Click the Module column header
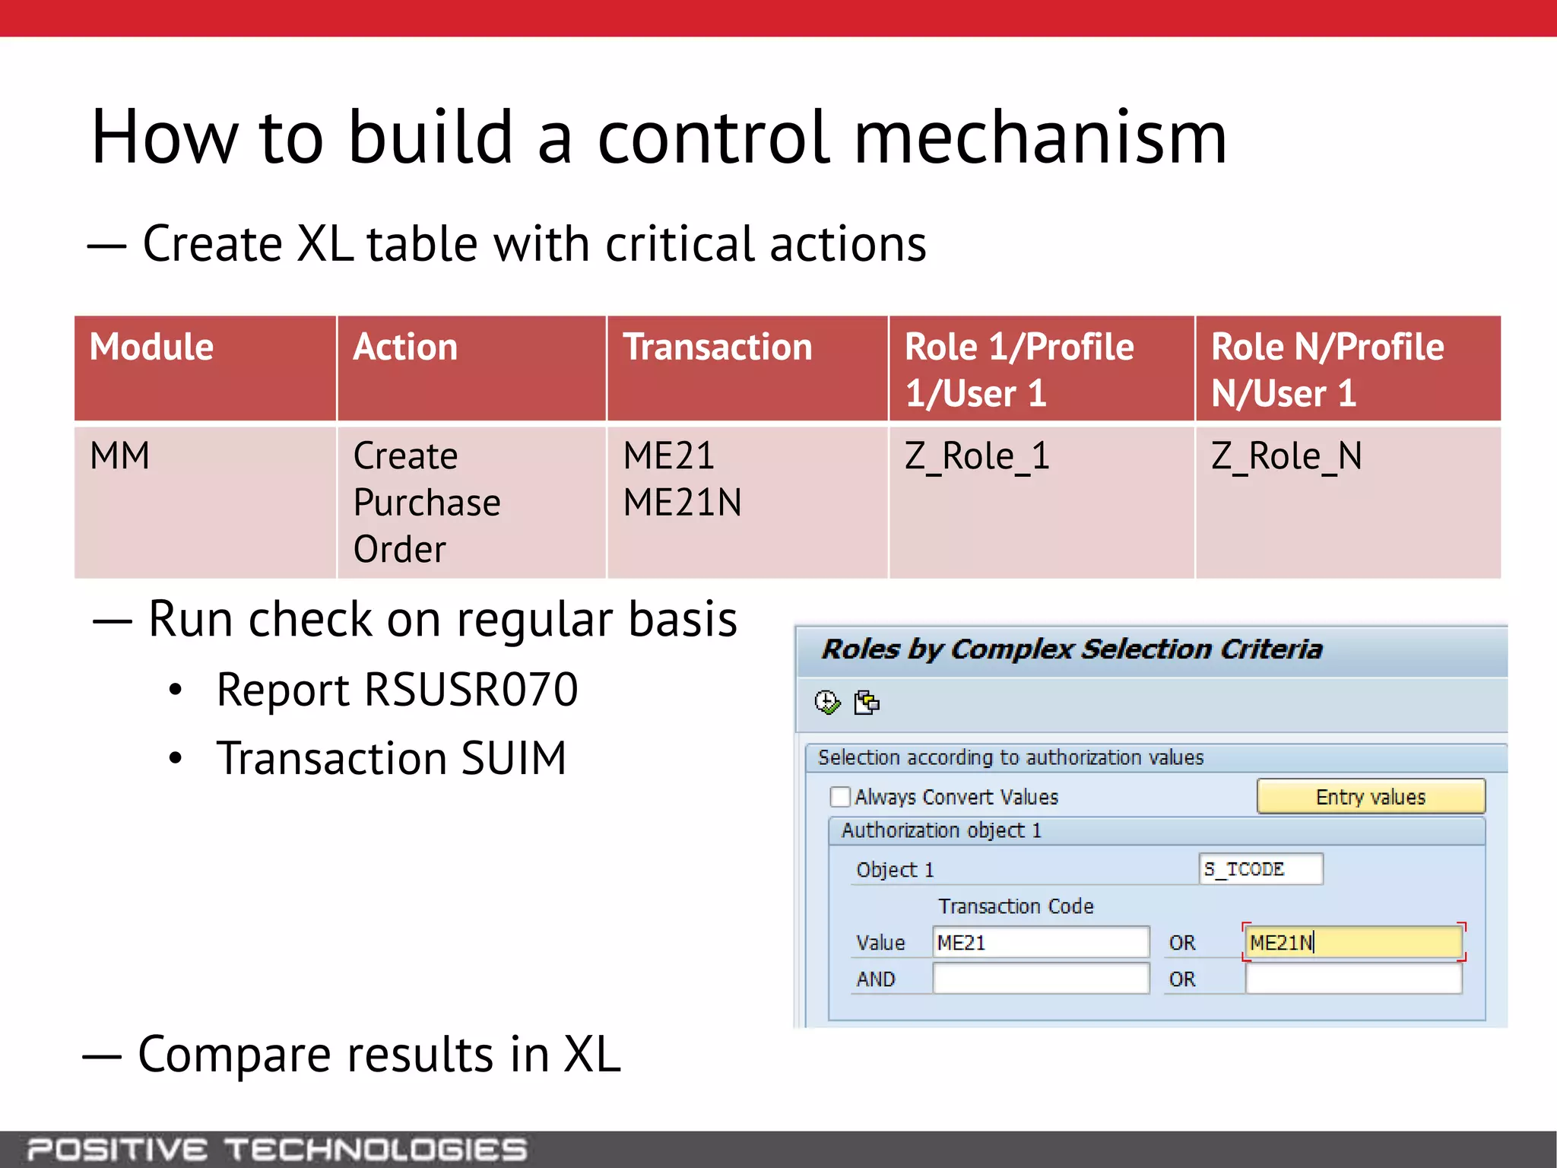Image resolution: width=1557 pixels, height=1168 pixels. click(x=152, y=348)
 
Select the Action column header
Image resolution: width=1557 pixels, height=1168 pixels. click(x=405, y=348)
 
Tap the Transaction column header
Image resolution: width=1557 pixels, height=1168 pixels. click(x=718, y=348)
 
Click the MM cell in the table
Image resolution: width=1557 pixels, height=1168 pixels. click(x=120, y=456)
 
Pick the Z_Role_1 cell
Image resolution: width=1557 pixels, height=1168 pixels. click(x=977, y=456)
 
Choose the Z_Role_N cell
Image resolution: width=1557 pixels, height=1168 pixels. click(x=1286, y=456)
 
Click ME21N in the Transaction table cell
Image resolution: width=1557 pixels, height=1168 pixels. click(x=682, y=503)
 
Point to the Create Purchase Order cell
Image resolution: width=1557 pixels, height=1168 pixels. click(x=427, y=503)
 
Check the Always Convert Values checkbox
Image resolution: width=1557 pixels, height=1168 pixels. click(x=839, y=797)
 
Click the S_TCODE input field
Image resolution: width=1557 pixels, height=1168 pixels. click(x=1261, y=869)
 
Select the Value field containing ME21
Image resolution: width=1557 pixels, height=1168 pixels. click(x=1040, y=942)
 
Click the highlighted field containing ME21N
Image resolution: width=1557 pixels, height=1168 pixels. click(x=1353, y=942)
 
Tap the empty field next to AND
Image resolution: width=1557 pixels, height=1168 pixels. click(x=1040, y=979)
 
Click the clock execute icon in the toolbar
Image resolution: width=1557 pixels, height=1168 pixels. click(x=827, y=702)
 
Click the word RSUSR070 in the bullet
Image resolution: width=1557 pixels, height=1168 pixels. click(x=471, y=690)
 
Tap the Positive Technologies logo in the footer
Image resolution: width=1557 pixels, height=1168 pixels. click(x=277, y=1149)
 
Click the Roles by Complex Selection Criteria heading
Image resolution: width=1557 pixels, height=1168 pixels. click(x=1072, y=649)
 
